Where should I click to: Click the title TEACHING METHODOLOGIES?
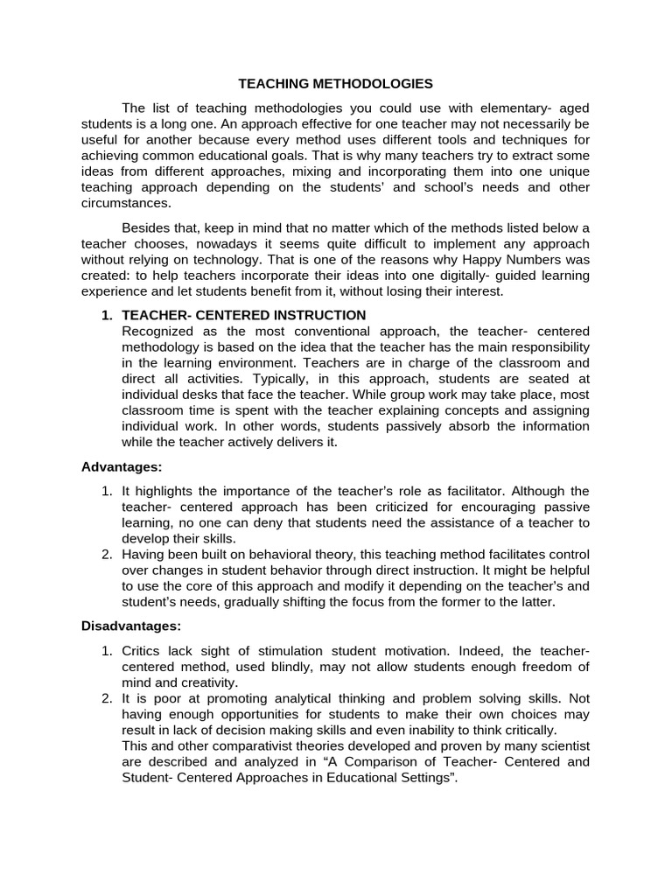point(336,84)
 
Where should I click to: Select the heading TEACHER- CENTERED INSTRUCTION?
point(243,315)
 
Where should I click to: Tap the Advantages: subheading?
point(122,467)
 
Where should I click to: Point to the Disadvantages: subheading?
point(131,626)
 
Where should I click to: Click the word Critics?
point(143,650)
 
